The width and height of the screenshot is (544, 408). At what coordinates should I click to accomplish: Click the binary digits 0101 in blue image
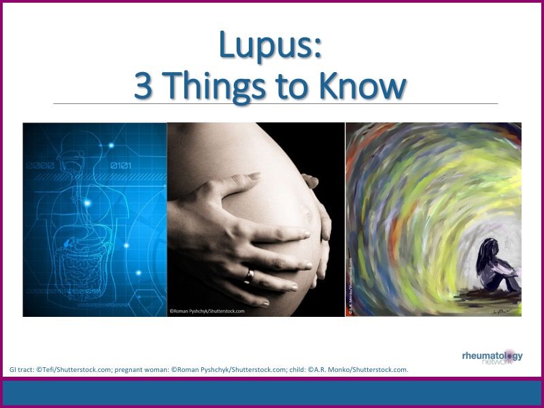[123, 165]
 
